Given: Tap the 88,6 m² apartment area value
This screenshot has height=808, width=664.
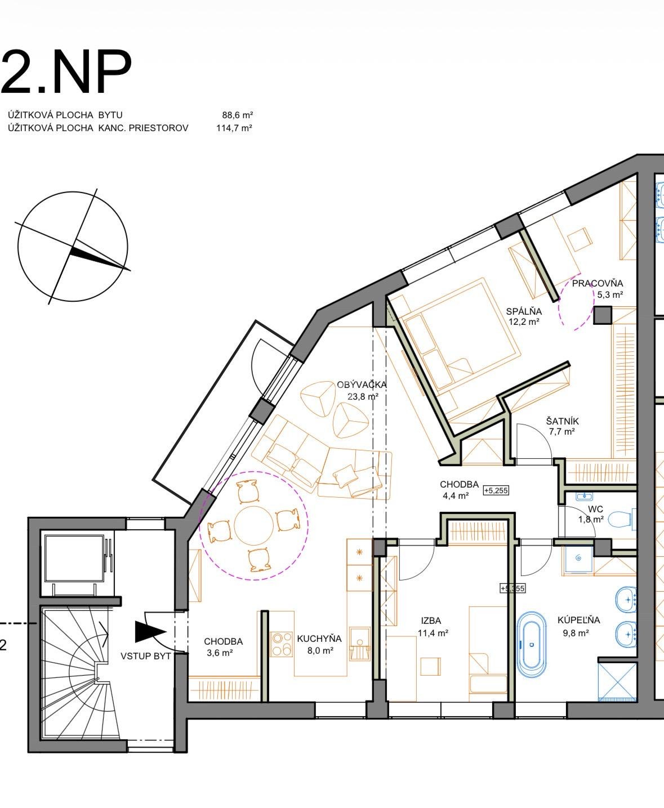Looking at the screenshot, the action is [x=238, y=115].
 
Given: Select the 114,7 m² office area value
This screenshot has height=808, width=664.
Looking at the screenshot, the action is [x=234, y=128].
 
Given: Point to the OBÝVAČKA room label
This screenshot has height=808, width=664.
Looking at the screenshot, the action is [x=362, y=384].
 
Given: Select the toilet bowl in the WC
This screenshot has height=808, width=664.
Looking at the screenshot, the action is [x=620, y=520].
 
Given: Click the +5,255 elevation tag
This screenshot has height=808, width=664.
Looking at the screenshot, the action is [x=496, y=490].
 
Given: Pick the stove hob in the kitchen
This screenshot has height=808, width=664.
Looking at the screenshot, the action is [x=282, y=641].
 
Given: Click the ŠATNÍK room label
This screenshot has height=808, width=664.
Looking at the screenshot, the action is [x=563, y=421].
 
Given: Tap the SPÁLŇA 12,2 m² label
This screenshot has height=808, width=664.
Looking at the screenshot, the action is [x=524, y=316].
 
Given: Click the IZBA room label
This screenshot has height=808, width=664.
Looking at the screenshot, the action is [x=431, y=620].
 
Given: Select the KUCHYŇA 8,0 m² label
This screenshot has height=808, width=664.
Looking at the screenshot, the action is [x=319, y=644].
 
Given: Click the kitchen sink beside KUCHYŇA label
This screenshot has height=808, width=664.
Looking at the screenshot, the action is [x=360, y=640].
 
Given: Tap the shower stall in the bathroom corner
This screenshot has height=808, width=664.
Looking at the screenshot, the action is [x=617, y=682].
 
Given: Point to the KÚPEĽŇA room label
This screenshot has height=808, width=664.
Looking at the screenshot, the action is [x=578, y=620].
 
